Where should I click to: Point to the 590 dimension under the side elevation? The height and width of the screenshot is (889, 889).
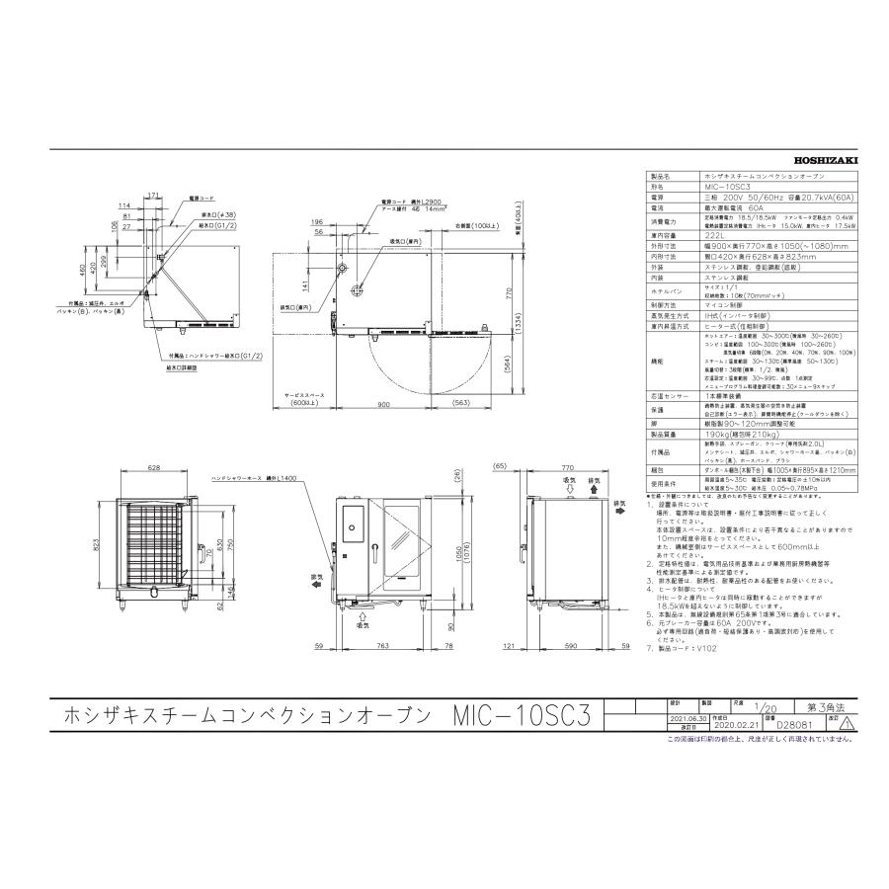pyautogui.click(x=570, y=646)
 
